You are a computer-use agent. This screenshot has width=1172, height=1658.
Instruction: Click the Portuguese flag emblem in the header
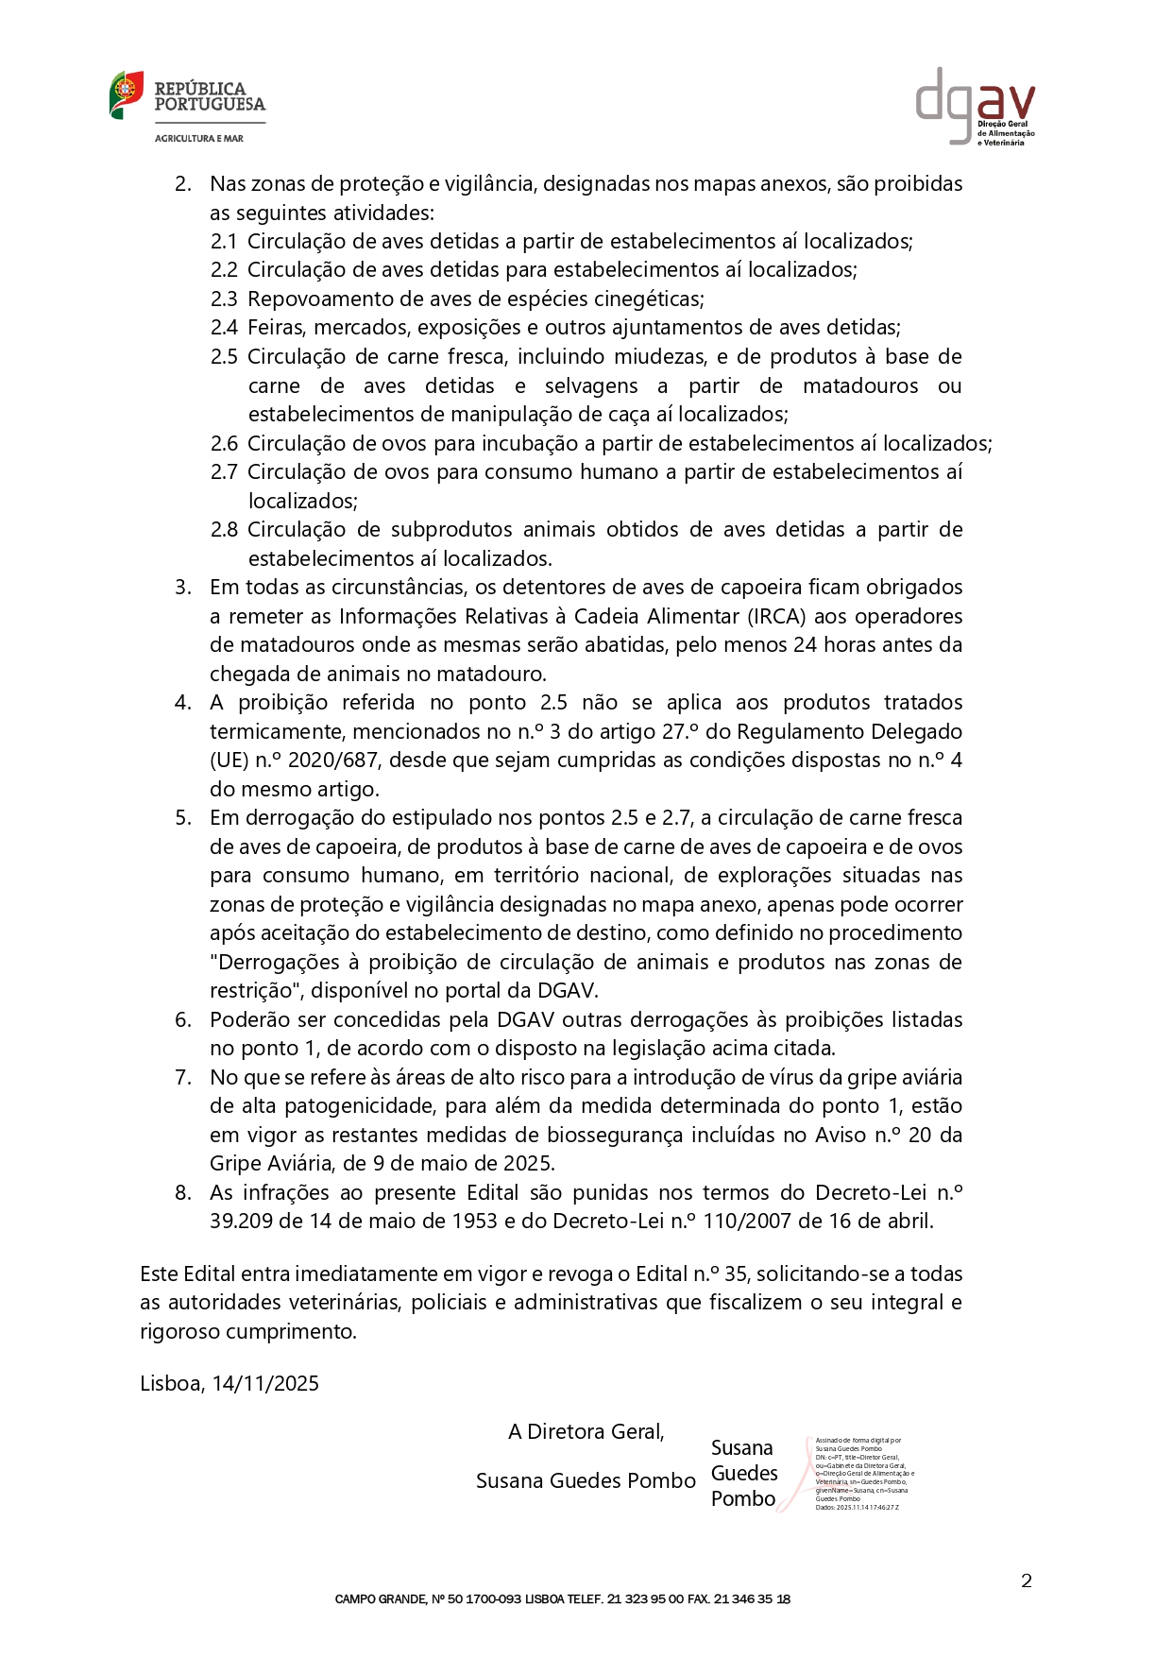pyautogui.click(x=127, y=94)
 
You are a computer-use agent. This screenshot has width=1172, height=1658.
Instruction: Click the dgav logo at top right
pyautogui.click(x=975, y=105)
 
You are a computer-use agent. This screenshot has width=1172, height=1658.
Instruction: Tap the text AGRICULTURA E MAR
pyautogui.click(x=199, y=139)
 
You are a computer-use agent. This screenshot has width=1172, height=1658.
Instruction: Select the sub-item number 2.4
pyautogui.click(x=224, y=328)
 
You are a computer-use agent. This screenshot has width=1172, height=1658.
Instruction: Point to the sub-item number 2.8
pyautogui.click(x=224, y=530)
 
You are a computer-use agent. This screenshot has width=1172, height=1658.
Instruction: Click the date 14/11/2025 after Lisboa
pyautogui.click(x=265, y=1384)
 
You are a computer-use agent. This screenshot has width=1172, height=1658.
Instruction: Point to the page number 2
pyautogui.click(x=1027, y=1581)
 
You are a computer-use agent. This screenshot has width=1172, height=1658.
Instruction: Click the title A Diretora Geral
pyautogui.click(x=586, y=1432)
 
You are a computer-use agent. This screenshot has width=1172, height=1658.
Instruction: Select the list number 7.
pyautogui.click(x=182, y=1078)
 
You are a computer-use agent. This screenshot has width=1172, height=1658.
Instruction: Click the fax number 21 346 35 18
pyautogui.click(x=752, y=1599)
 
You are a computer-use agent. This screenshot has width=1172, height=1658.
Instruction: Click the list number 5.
pyautogui.click(x=182, y=818)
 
